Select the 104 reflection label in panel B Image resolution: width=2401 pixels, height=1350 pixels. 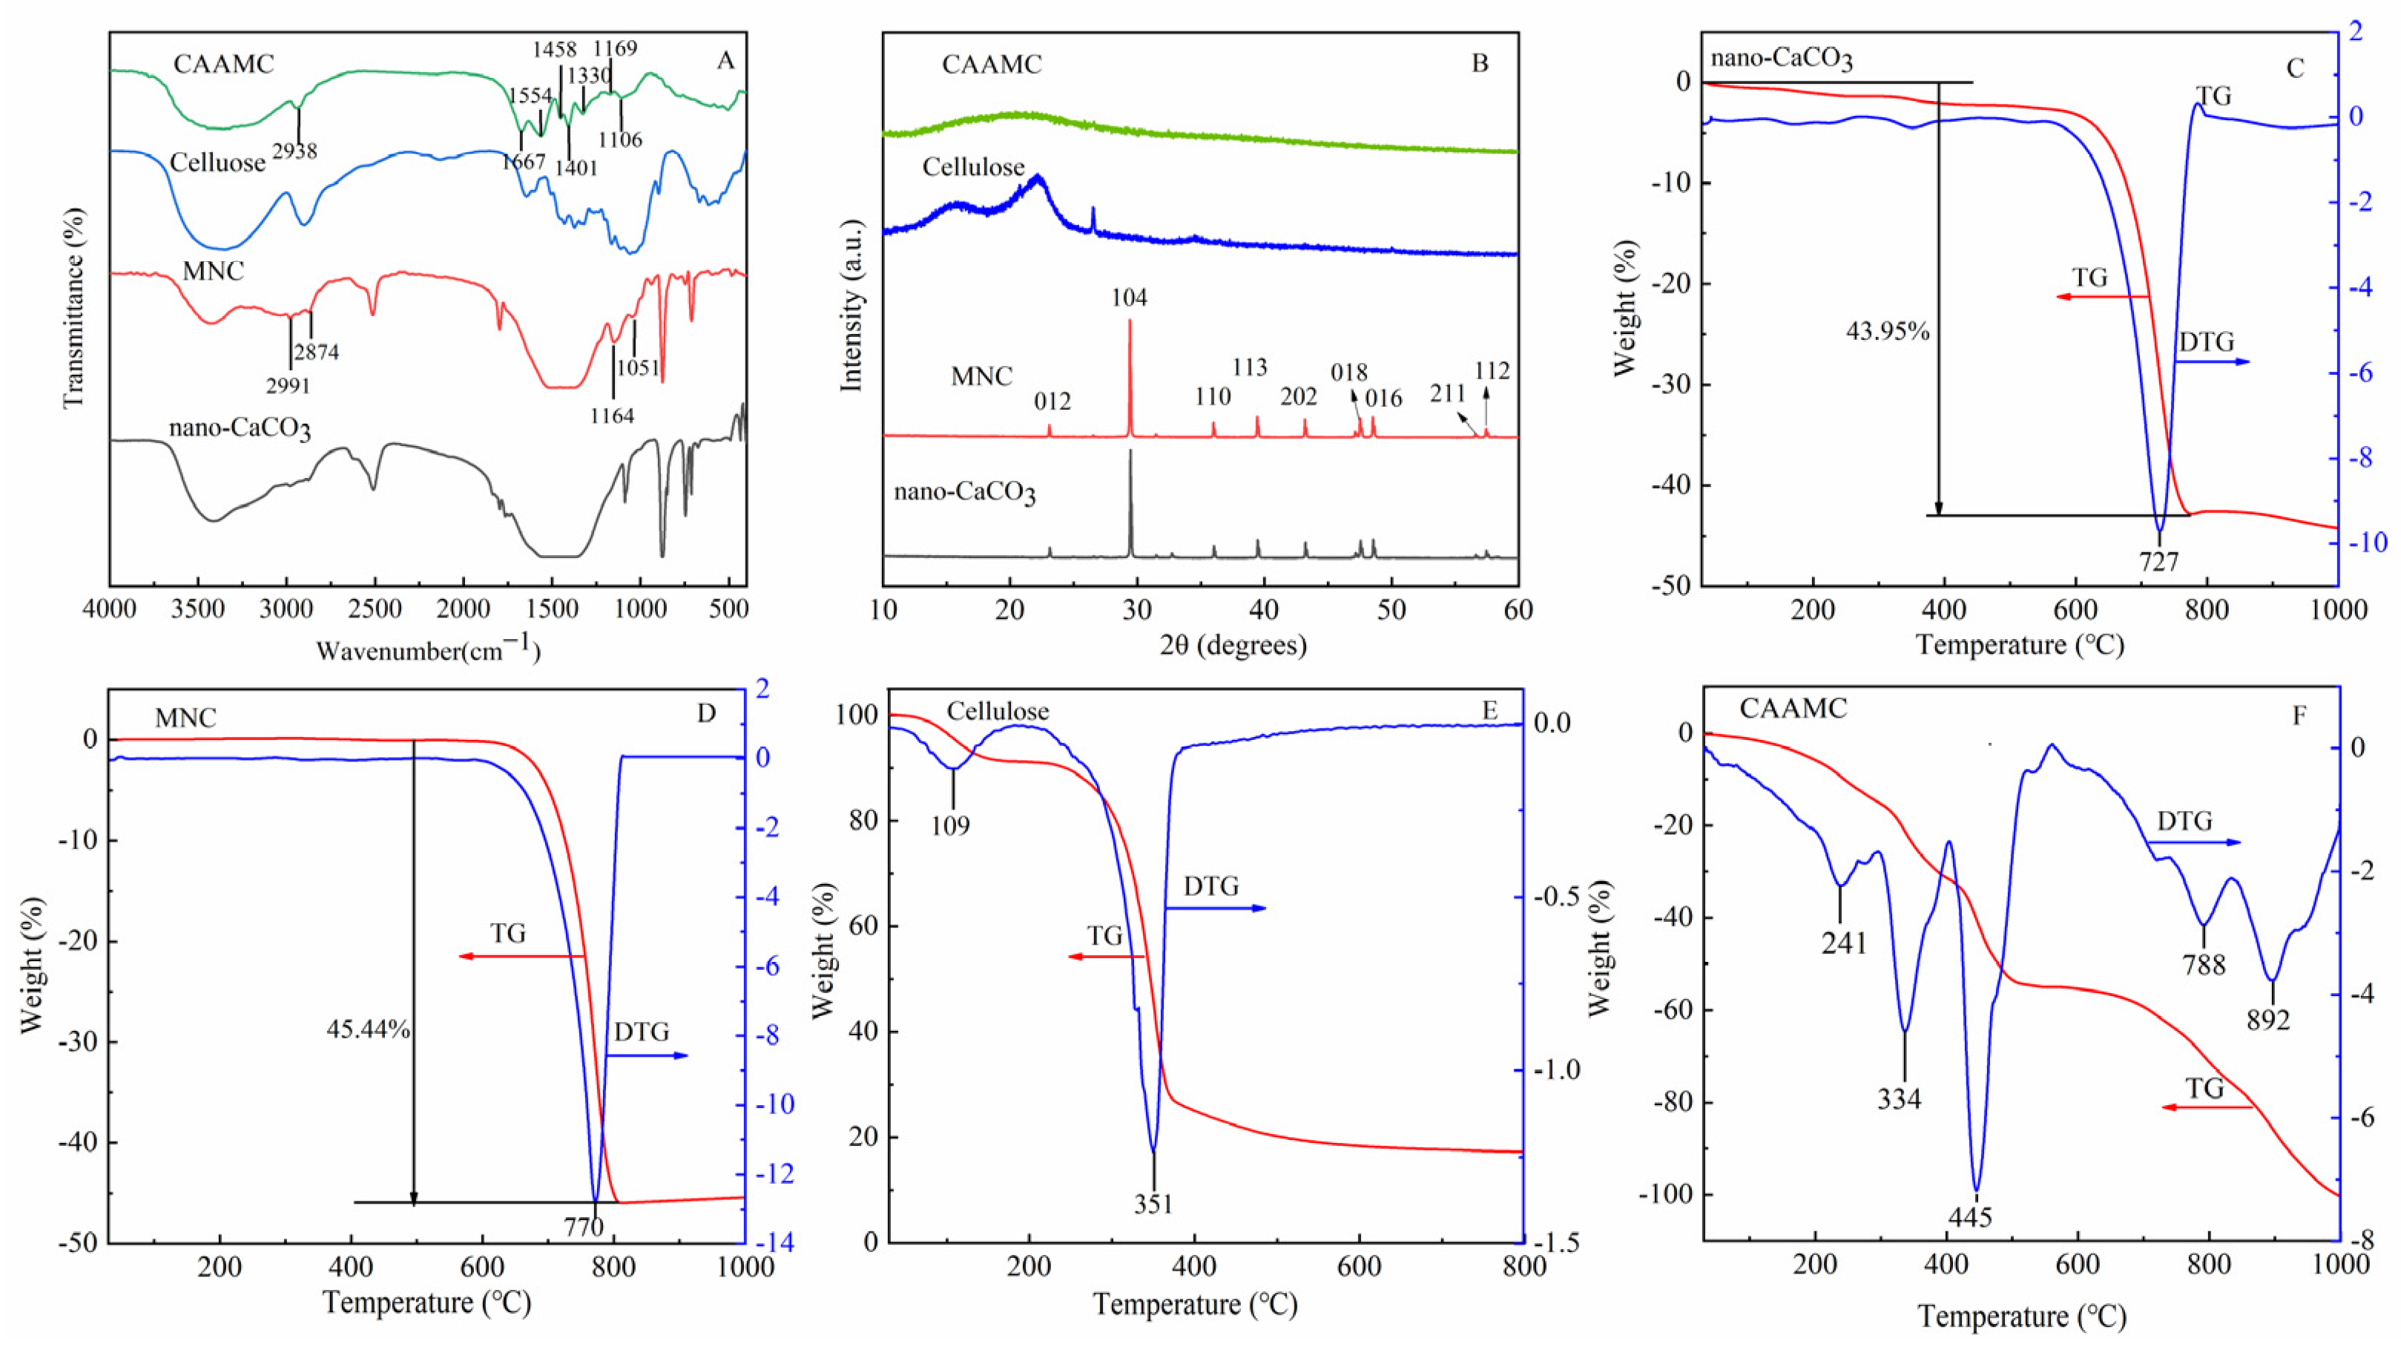pyautogui.click(x=1129, y=298)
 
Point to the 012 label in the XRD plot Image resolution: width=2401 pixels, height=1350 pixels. pyautogui.click(x=1053, y=402)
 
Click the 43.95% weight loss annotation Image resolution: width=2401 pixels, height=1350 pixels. pyautogui.click(x=1888, y=331)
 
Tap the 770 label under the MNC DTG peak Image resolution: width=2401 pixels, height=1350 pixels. pyautogui.click(x=584, y=1227)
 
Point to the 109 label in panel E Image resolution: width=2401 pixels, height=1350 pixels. pyautogui.click(x=951, y=825)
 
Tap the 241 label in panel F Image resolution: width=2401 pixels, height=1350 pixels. pyautogui.click(x=1845, y=943)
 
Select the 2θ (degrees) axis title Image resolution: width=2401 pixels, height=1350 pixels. pyautogui.click(x=1232, y=645)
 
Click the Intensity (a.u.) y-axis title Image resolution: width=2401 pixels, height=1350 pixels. pyautogui.click(x=852, y=306)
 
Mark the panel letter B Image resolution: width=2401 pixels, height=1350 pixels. pyautogui.click(x=1479, y=63)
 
